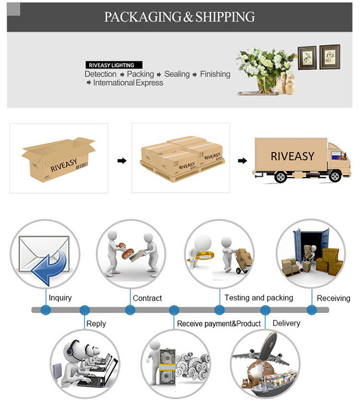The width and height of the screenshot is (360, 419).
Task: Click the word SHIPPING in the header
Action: [225, 17]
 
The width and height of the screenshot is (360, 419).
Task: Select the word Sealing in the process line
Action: [177, 74]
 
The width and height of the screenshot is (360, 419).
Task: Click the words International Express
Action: [128, 83]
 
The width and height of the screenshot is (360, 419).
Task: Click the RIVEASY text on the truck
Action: [292, 157]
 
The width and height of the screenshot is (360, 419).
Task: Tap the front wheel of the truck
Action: [336, 177]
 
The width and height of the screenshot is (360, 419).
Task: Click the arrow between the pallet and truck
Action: [242, 161]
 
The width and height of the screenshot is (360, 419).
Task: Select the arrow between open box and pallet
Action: [122, 161]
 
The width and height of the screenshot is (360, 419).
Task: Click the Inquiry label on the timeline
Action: [60, 298]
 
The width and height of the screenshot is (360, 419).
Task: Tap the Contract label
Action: [147, 298]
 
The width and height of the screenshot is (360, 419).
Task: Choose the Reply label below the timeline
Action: [96, 323]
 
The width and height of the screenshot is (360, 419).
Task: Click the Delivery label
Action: [286, 323]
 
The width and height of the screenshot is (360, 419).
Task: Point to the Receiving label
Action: [333, 298]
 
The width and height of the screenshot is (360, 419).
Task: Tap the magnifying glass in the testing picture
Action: [203, 255]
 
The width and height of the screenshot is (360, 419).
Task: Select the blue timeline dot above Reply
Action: [85, 310]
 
